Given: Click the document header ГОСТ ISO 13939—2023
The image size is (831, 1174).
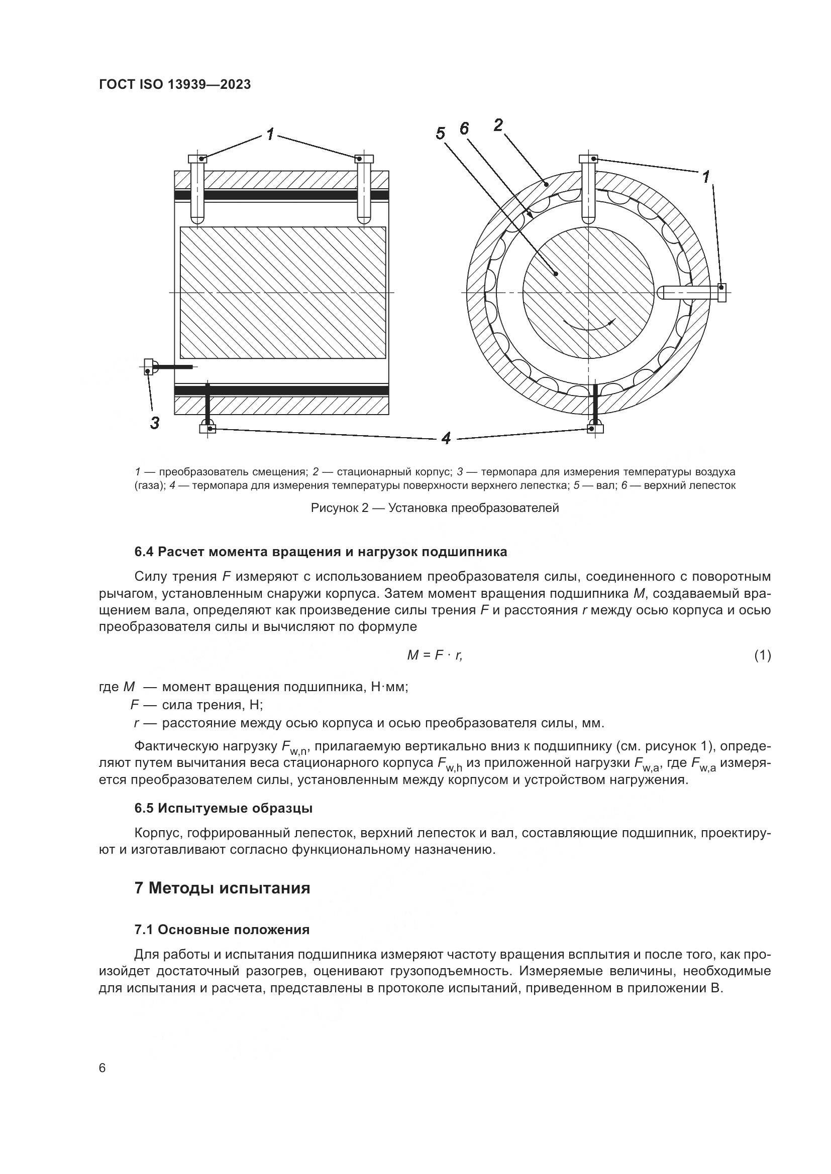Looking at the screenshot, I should coord(174,85).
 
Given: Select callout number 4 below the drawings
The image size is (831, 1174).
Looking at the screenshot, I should coord(446,438).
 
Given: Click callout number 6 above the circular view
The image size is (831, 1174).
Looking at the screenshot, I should coord(464,128).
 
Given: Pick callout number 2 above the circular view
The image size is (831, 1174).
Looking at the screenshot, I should coord(498,124).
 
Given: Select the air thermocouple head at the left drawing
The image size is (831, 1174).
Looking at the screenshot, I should coord(149,366).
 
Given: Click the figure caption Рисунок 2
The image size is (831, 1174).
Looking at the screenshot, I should coord(435,508).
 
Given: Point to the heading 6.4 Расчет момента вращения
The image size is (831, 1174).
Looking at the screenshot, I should coord(321,552).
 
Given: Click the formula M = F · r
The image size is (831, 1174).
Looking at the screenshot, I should coord(435,655).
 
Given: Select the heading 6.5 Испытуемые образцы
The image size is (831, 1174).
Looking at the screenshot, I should coord(224,809).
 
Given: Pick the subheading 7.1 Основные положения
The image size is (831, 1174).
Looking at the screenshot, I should coord(222,930).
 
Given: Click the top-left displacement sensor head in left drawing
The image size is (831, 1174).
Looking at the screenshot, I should coord(197,159).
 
